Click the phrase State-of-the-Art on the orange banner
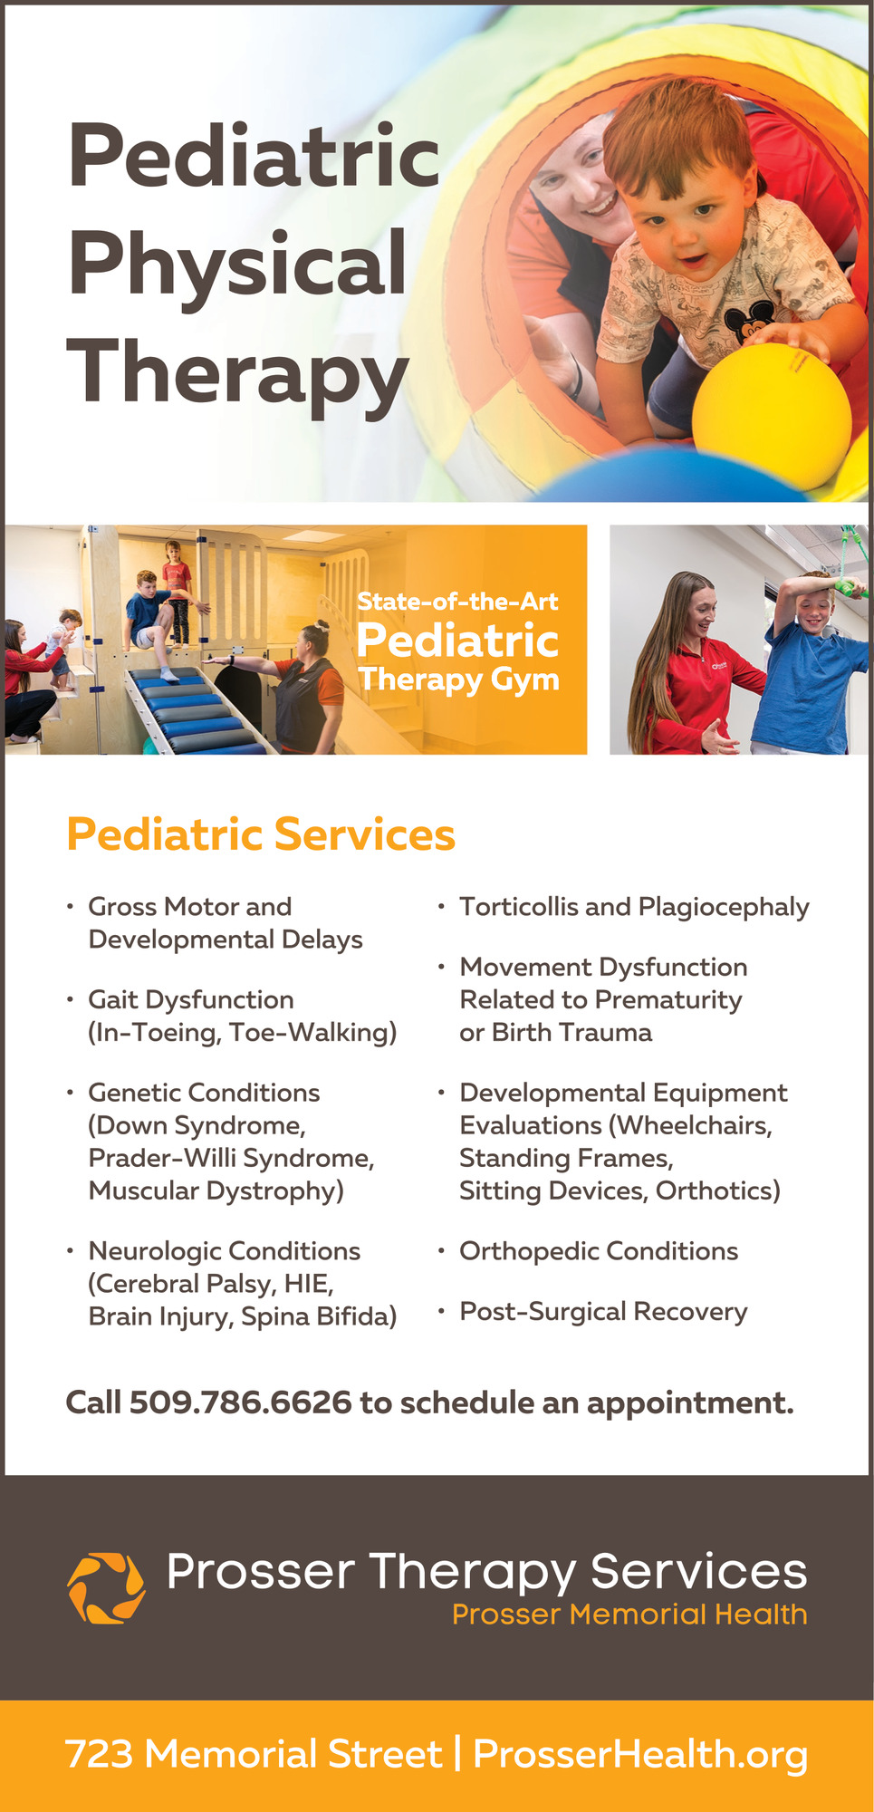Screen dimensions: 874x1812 457,602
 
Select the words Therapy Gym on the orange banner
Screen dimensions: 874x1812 458,680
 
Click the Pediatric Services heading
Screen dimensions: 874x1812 261,834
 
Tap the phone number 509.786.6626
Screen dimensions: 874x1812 240,1402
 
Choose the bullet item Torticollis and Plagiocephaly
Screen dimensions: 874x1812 634,908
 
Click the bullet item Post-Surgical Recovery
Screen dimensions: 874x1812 603,1312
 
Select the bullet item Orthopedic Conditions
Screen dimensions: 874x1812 599,1251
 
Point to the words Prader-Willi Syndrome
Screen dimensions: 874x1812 231,1159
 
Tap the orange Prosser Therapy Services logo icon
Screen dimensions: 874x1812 106,1588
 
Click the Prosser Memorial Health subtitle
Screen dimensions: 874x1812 629,1614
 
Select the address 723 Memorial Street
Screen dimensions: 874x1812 254,1754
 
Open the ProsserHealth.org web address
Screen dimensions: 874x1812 640,1755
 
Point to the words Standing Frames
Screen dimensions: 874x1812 566,1159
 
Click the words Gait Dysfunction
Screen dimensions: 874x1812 191,1000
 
